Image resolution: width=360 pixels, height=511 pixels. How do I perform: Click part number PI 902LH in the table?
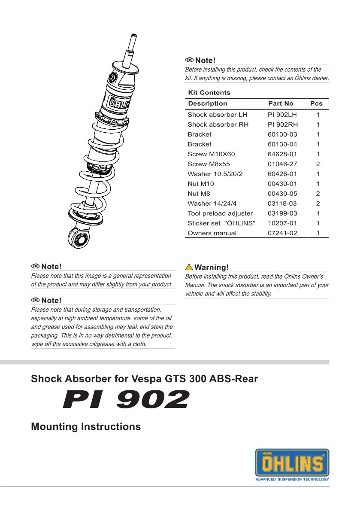(282, 115)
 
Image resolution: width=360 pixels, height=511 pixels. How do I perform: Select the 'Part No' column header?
(281, 103)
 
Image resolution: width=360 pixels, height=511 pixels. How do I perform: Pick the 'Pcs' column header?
(316, 103)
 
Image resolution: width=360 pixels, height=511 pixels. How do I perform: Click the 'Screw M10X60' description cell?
(211, 154)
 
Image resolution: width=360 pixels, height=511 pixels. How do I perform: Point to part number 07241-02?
(282, 233)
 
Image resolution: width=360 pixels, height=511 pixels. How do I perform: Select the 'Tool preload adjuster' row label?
(220, 213)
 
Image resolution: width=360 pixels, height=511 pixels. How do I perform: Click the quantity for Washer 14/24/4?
(318, 204)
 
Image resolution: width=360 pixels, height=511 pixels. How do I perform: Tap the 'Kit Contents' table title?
(209, 93)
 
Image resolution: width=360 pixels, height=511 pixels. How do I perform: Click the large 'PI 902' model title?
(125, 400)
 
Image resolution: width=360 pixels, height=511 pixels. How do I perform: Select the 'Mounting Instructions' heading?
(86, 427)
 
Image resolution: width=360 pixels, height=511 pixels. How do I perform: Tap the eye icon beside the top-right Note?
(189, 61)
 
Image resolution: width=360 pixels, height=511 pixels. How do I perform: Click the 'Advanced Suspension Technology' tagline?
(292, 479)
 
